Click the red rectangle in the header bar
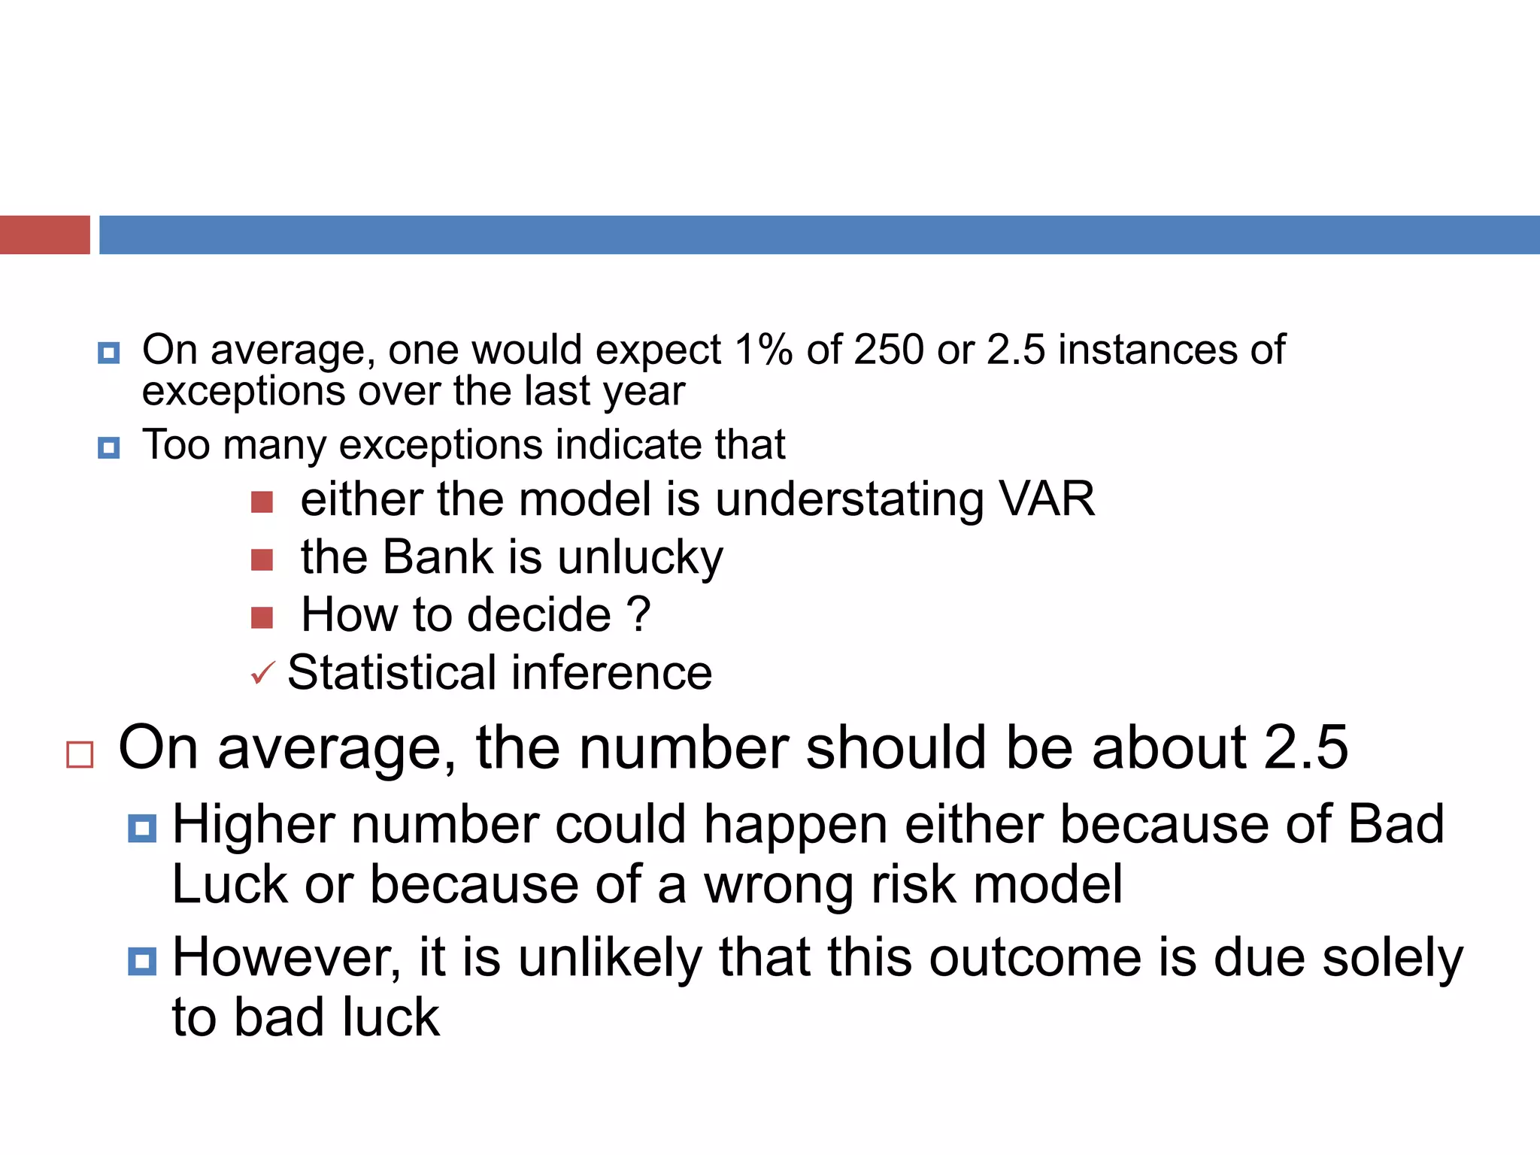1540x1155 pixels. pyautogui.click(x=44, y=235)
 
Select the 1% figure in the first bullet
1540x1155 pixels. pyautogui.click(x=763, y=350)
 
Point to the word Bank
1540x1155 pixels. pyautogui.click(x=438, y=557)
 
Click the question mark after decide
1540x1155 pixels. pyautogui.click(x=638, y=614)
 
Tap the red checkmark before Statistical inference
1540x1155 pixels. pyautogui.click(x=262, y=672)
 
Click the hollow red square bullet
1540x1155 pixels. pyautogui.click(x=80, y=754)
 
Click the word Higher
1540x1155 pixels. pyautogui.click(x=253, y=825)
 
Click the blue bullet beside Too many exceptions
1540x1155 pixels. pyautogui.click(x=109, y=448)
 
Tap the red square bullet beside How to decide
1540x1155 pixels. pyautogui.click(x=262, y=617)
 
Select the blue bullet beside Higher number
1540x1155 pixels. pyautogui.click(x=142, y=829)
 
